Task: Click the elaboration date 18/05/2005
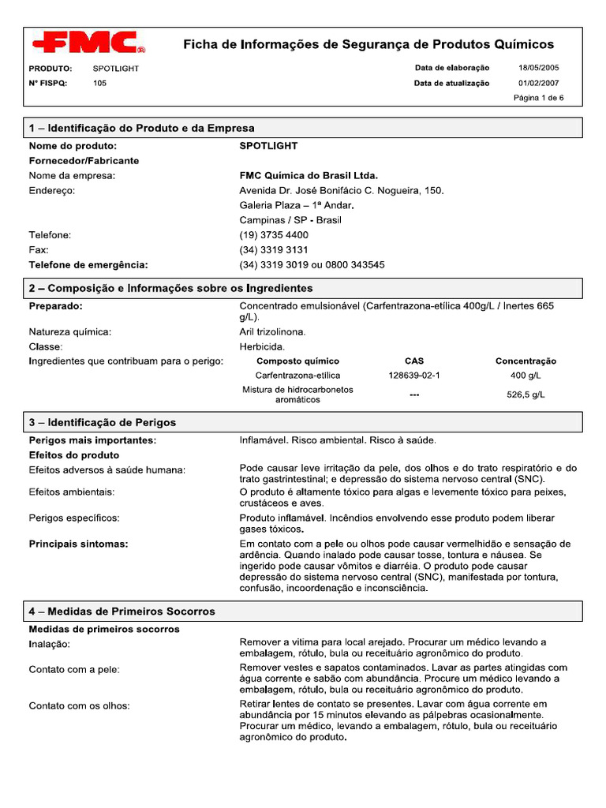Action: pos(538,68)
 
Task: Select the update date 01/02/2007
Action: pos(538,83)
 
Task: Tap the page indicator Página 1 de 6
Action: pos(538,99)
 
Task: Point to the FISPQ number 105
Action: pos(99,83)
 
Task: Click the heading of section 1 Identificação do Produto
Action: pos(142,128)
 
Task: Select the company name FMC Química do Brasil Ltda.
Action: pos(309,175)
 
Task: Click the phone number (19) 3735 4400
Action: pos(274,235)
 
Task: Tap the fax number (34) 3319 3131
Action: pos(274,250)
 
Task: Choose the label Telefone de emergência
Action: pos(88,265)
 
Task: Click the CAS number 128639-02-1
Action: pos(414,376)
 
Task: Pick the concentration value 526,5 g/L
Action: pos(526,395)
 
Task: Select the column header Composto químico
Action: pos(297,361)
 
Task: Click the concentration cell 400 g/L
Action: pos(526,376)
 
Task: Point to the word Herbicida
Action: pos(263,346)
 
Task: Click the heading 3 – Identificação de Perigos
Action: pos(103,422)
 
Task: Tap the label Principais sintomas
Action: pos(79,544)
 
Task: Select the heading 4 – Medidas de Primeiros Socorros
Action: pos(122,612)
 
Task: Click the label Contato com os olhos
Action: pos(80,705)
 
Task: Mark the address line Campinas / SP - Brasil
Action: pos(290,220)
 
